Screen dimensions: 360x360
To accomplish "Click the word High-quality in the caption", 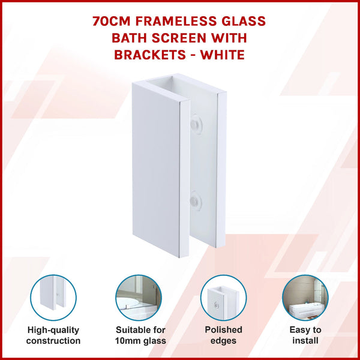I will (x=53, y=330).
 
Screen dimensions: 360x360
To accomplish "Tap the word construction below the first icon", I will (x=53, y=341).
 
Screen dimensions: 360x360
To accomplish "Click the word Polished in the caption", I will (x=223, y=330).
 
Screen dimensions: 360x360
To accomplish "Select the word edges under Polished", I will (x=223, y=341).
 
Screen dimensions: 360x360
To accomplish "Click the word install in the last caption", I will (x=306, y=341).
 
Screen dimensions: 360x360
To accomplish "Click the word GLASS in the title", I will (x=244, y=22).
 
